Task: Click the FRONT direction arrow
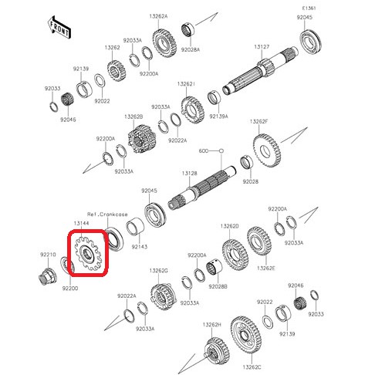59,28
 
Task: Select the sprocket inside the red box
87,253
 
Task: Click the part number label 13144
81,223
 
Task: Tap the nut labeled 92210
47,276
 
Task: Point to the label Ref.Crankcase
107,214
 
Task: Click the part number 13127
262,46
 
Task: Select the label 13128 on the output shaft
190,174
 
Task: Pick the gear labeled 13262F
267,150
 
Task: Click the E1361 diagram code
309,8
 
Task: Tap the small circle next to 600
221,150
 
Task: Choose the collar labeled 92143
136,226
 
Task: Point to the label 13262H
211,325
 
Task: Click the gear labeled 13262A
164,43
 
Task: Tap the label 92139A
218,117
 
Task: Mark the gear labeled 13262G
164,296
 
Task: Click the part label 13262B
133,117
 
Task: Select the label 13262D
230,226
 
